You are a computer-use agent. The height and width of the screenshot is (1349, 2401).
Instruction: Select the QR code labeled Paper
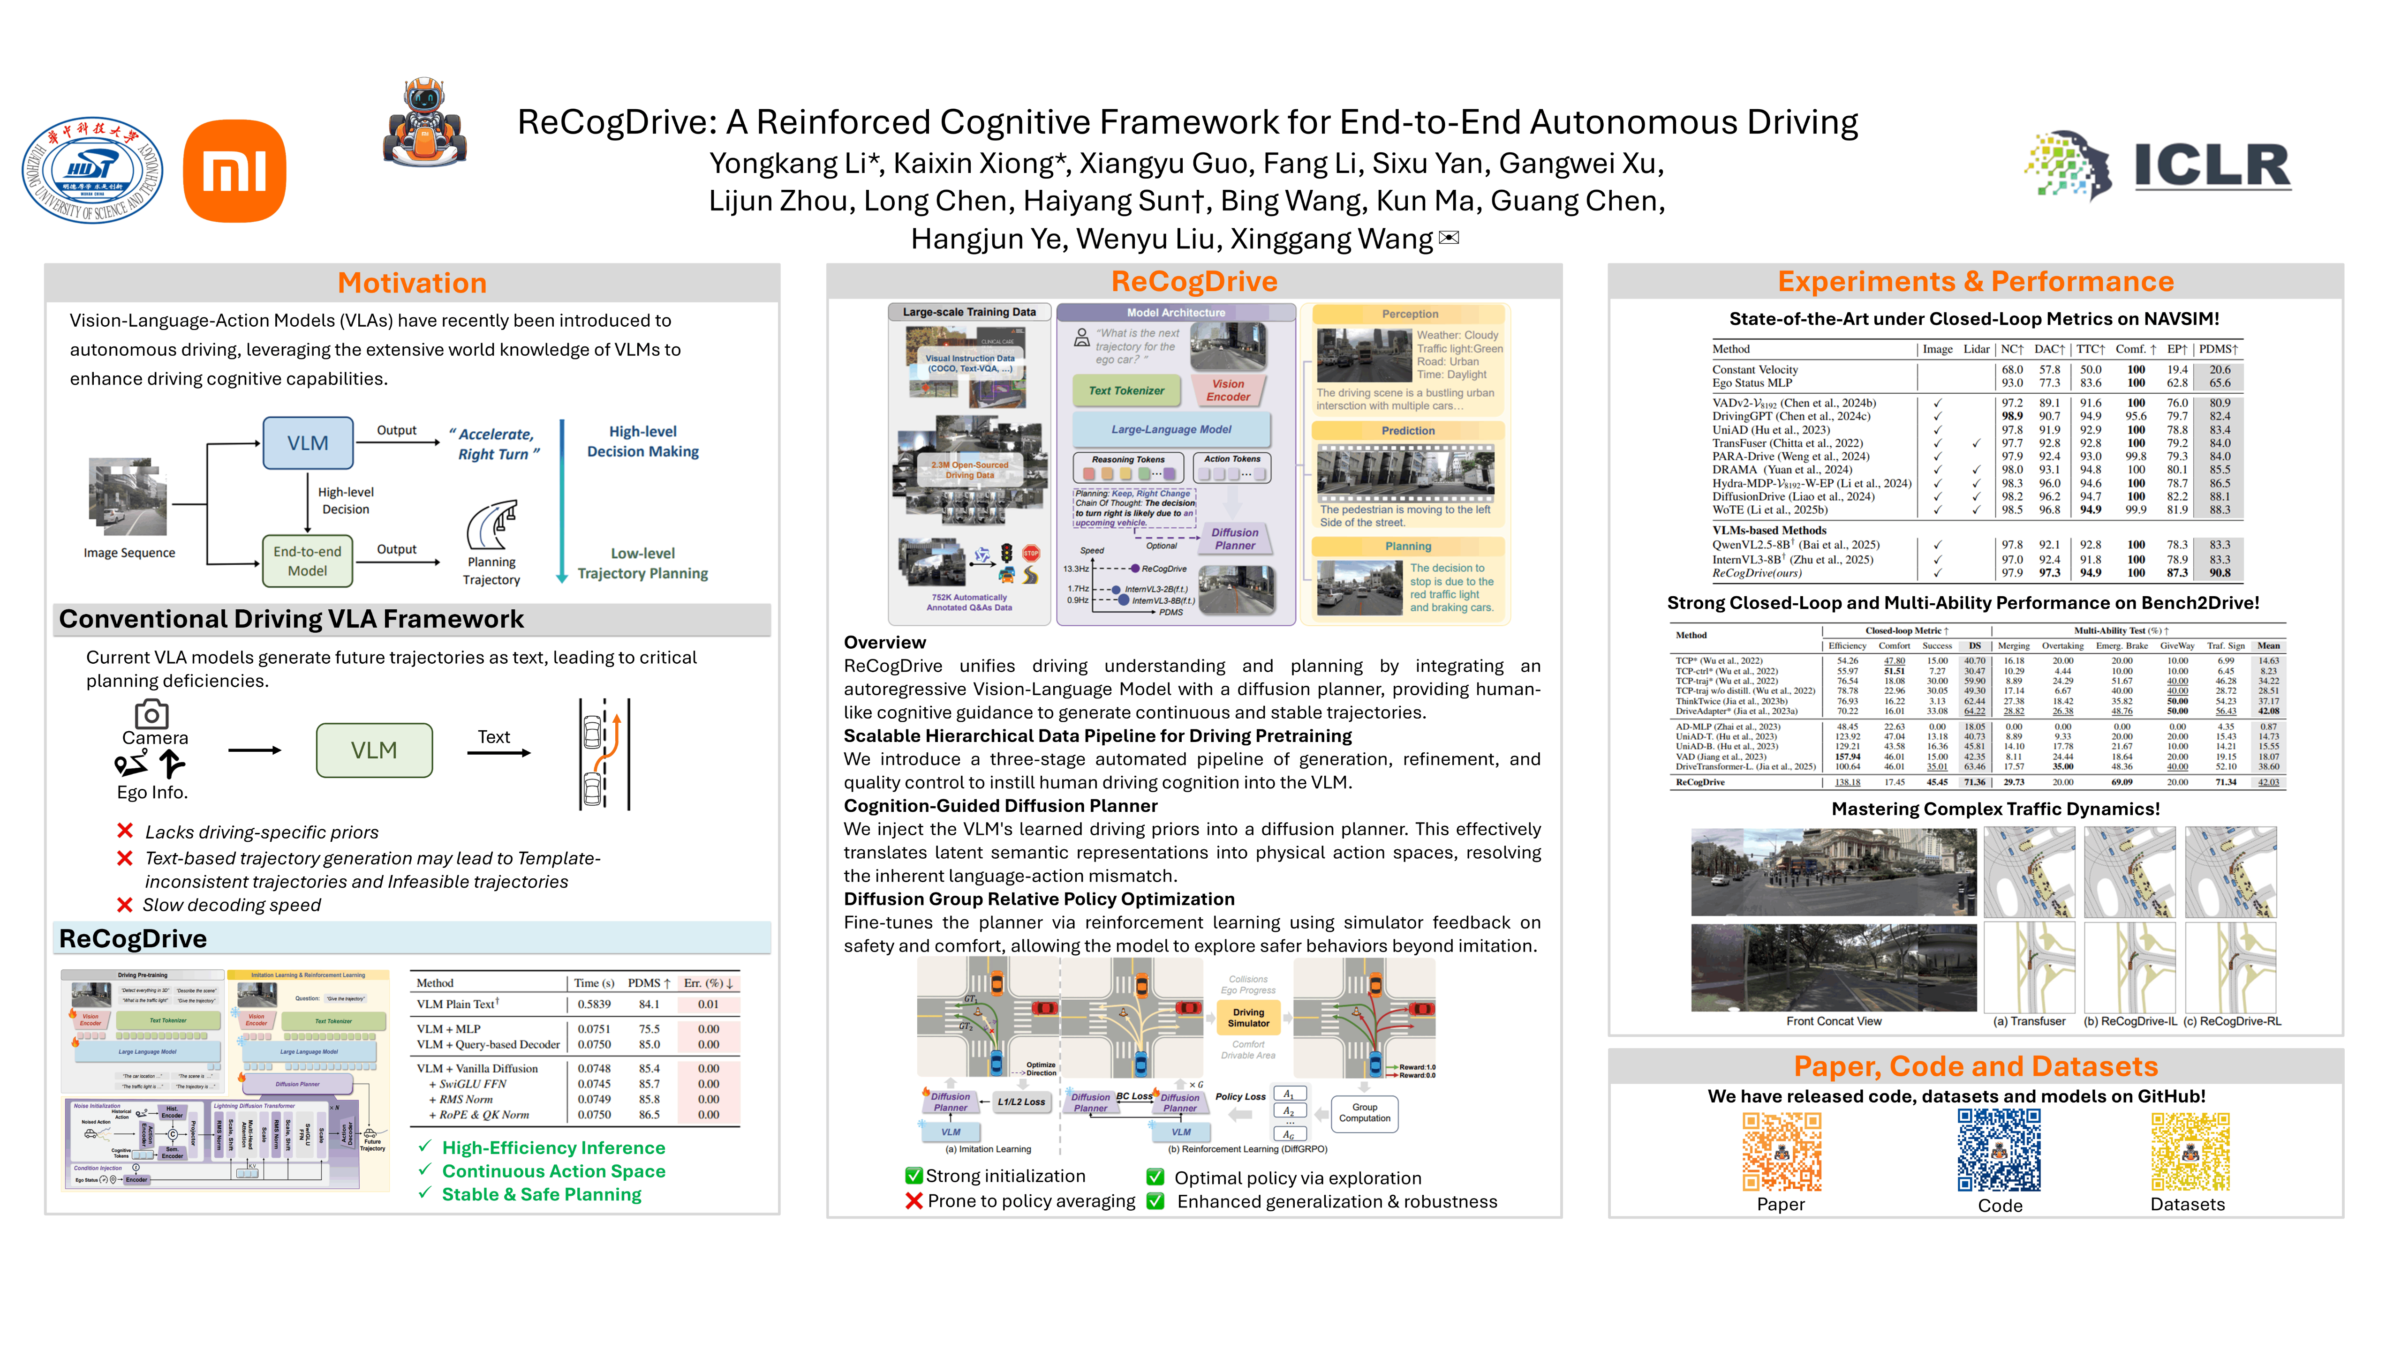[1781, 1152]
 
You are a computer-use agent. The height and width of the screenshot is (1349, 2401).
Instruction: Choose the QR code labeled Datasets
[2190, 1152]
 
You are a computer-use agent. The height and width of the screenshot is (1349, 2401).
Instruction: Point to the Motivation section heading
[412, 282]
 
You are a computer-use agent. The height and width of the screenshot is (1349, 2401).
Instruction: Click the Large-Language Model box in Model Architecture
[1170, 429]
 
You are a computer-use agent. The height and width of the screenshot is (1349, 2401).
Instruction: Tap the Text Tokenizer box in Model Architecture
[1126, 390]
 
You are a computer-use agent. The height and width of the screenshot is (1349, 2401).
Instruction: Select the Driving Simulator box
[1248, 1016]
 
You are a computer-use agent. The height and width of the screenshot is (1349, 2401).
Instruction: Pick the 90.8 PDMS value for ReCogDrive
[2219, 573]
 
